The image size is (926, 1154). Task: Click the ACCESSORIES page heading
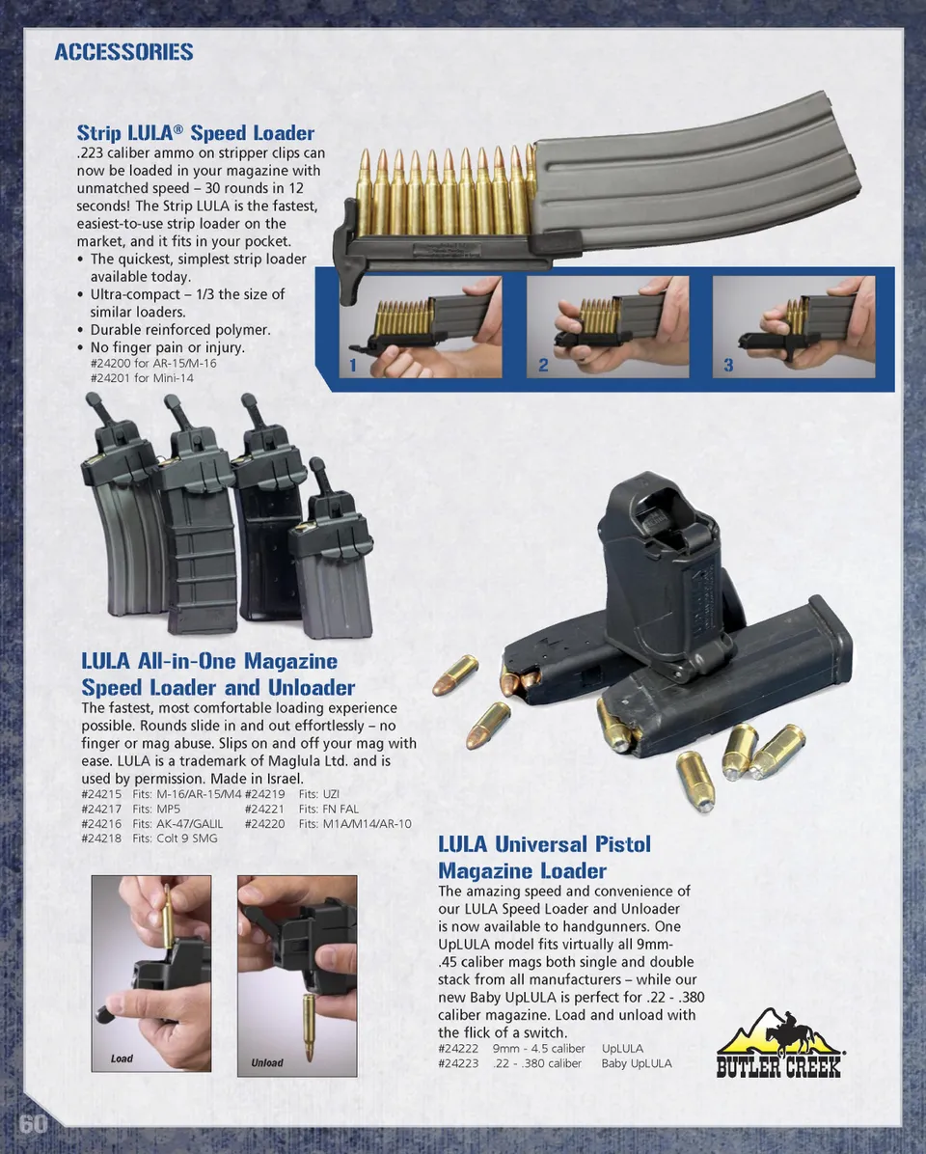click(x=123, y=51)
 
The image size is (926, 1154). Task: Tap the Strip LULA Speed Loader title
click(x=196, y=133)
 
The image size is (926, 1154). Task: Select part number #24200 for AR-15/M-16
click(x=153, y=363)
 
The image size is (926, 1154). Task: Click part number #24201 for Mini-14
click(x=142, y=377)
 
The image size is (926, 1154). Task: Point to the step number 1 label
click(x=353, y=365)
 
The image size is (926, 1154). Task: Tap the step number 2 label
click(x=543, y=365)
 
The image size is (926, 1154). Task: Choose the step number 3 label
click(x=728, y=365)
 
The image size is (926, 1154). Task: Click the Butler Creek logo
click(x=778, y=1044)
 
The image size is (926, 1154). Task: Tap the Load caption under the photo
click(x=122, y=1058)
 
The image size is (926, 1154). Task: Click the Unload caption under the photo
click(x=267, y=1062)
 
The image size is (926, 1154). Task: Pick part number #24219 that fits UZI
click(x=265, y=794)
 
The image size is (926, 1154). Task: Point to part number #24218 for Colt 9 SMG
click(x=101, y=838)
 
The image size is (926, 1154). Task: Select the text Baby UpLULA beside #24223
click(x=637, y=1063)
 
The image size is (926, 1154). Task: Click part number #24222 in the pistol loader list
click(x=458, y=1049)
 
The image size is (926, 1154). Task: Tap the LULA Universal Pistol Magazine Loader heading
click(x=544, y=858)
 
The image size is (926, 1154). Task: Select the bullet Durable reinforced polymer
click(x=180, y=330)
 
